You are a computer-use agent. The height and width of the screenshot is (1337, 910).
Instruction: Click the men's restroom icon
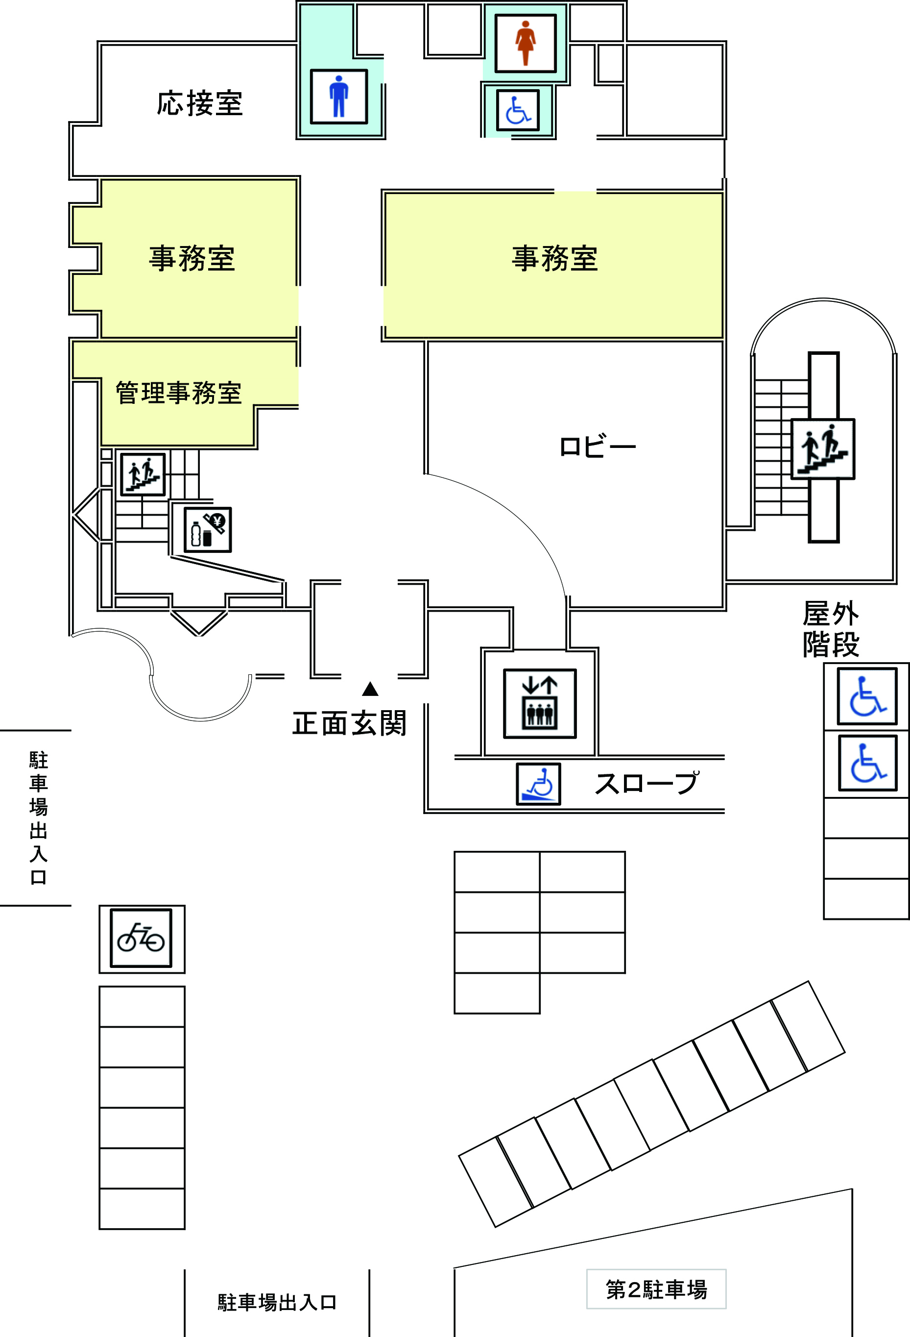pos(338,97)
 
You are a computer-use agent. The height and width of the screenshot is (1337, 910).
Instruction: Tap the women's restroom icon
pos(526,43)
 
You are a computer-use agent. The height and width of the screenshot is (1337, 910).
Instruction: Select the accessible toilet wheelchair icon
pos(518,110)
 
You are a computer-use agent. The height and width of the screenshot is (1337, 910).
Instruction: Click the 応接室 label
pos(199,104)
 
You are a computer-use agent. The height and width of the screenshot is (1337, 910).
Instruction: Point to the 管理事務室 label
pos(178,393)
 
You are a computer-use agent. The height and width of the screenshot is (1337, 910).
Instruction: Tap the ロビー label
pos(597,447)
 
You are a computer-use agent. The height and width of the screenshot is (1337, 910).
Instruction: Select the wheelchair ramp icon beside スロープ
pos(538,784)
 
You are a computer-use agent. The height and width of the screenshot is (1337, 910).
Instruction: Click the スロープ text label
pos(646,784)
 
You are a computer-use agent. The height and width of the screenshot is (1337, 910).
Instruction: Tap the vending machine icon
pos(208,530)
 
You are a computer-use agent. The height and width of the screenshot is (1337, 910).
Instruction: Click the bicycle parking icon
pos(141,938)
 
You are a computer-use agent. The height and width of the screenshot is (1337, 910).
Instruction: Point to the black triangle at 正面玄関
pos(370,689)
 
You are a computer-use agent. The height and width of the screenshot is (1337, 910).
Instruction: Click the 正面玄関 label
pos(350,723)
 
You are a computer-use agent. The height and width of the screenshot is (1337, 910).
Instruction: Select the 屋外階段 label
pos(831,629)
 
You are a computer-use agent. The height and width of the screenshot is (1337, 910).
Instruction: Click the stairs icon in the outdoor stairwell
pos(823,449)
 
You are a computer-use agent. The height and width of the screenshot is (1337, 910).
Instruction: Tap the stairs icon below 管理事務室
pos(143,474)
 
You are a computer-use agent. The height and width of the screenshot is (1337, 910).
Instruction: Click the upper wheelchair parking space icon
pos(867,696)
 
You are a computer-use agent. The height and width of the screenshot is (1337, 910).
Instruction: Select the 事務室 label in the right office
pos(555,258)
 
